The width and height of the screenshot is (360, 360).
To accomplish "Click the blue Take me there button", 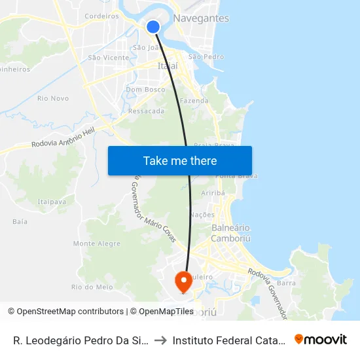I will pos(179,160).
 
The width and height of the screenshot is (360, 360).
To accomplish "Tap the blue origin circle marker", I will pos(153,26).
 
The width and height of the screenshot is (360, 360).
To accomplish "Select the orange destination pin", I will pos(183,281).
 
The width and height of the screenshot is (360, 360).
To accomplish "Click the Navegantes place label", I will pos(201,18).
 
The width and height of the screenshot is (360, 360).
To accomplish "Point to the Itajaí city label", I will pos(168,65).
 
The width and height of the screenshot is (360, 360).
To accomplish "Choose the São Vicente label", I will pos(108,58).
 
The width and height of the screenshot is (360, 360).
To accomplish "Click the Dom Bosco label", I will pos(145,89).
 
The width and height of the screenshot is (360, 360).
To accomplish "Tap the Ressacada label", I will pos(147,111).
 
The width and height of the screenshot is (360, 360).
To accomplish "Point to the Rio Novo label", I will pos(53,98).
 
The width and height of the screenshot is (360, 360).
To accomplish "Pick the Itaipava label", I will pos(52,202).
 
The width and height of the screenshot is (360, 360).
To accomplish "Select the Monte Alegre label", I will pos(96,243).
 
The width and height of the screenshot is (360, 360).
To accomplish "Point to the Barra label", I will pos(287,283).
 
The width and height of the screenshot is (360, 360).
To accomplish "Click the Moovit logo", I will pos(321,339).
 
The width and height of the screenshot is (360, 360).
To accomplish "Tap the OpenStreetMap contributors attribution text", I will pos(70,312).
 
